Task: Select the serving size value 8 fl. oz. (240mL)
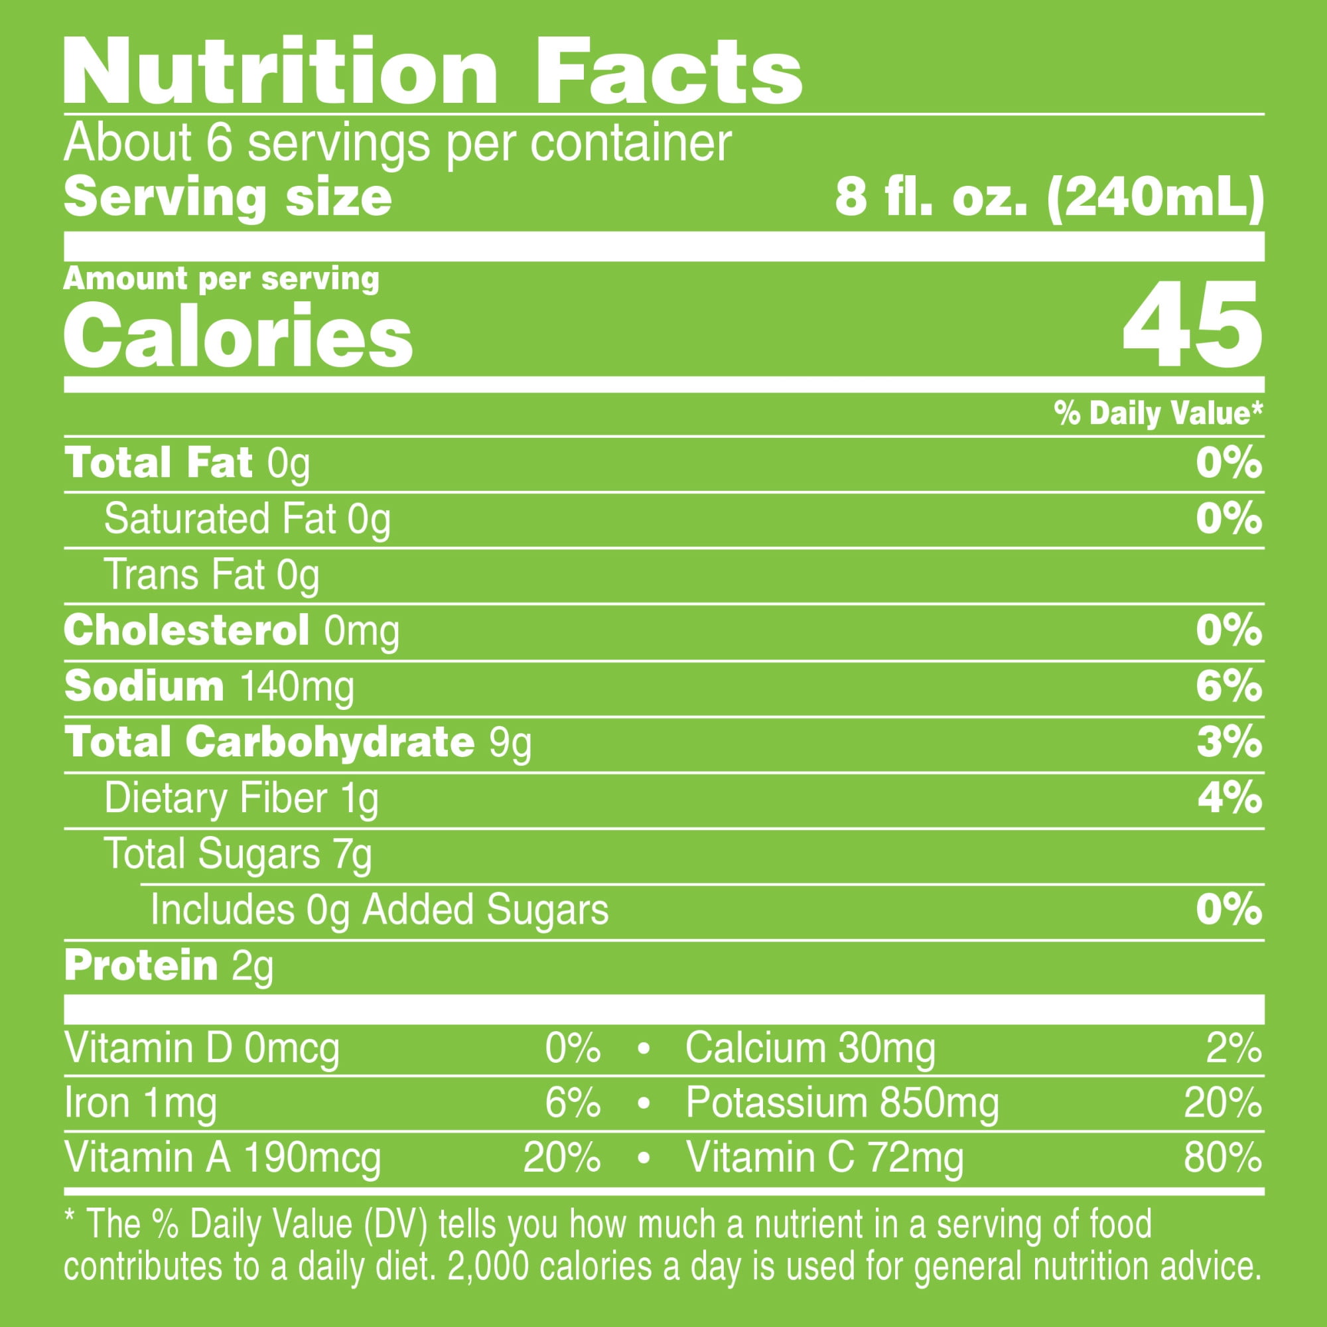1049,198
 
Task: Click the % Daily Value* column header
1158,413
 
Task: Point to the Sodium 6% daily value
1229,686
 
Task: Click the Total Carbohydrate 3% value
1229,742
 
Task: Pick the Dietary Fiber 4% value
1229,798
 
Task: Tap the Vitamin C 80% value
1222,1157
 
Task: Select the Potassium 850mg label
842,1103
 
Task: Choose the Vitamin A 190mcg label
222,1157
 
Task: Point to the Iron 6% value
572,1103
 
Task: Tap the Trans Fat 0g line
212,575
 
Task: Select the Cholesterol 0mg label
231,630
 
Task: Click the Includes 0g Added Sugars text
379,910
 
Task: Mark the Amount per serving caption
220,279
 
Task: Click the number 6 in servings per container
219,143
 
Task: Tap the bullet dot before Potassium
644,1104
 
